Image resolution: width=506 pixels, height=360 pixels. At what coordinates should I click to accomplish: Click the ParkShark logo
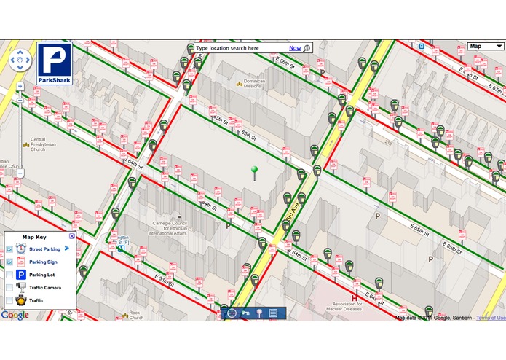tap(55, 64)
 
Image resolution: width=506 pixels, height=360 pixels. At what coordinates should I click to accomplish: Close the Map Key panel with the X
tap(71, 236)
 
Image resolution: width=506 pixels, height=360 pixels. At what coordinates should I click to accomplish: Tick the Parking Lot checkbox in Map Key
tap(9, 275)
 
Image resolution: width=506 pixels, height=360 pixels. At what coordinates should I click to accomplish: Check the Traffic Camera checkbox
tap(9, 288)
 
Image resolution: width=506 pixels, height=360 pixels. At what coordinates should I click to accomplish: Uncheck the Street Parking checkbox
tap(9, 249)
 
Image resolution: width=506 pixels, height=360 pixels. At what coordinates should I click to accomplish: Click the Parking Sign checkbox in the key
tap(9, 262)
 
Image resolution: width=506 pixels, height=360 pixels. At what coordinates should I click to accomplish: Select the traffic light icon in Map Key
tap(21, 300)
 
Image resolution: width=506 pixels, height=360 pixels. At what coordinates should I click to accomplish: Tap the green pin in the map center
tap(254, 171)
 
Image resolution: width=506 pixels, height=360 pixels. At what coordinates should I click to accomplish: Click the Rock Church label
tap(135, 314)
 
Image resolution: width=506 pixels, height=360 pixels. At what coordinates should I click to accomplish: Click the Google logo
tap(15, 315)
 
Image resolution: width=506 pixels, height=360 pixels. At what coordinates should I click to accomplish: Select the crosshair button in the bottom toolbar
tap(232, 313)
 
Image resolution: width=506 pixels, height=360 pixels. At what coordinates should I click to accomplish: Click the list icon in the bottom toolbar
tap(273, 313)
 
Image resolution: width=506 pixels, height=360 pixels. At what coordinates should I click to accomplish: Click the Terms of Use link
tap(491, 318)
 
